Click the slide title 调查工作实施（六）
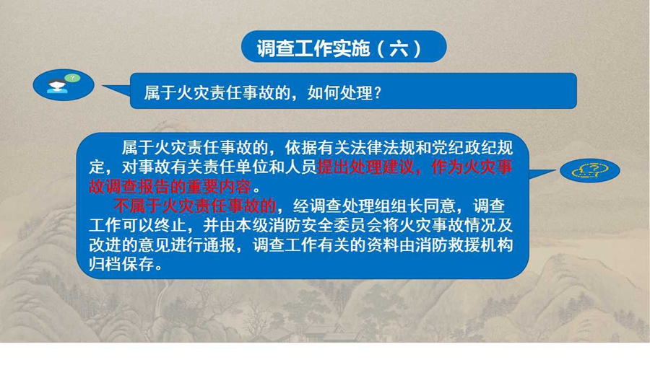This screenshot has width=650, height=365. [x=339, y=48]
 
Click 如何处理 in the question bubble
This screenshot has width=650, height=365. [x=340, y=93]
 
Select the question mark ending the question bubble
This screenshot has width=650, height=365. [x=377, y=93]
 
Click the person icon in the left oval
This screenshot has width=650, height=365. [x=57, y=87]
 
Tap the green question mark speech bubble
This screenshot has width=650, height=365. [x=72, y=78]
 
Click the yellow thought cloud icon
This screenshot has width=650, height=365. [x=590, y=170]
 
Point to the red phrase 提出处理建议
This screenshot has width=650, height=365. [x=366, y=167]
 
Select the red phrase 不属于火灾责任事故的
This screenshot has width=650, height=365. [x=195, y=206]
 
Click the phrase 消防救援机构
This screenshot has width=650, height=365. [x=464, y=245]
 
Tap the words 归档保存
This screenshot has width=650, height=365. [x=121, y=265]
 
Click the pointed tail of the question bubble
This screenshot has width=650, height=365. [x=103, y=86]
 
